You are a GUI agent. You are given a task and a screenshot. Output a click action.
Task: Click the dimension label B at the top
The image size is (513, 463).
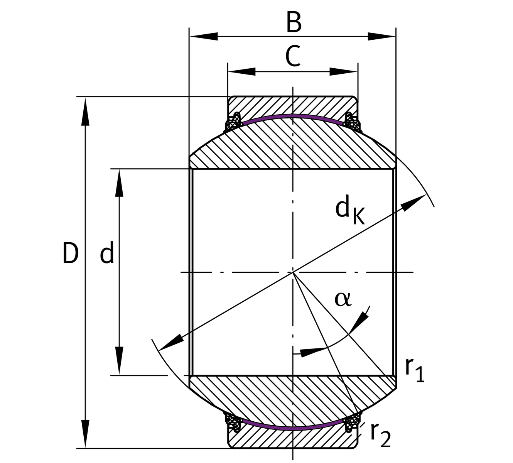(294, 22)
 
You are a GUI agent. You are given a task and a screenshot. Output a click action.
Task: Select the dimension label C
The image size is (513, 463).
(293, 56)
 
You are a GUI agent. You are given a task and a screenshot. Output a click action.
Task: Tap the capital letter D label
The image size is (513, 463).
(70, 253)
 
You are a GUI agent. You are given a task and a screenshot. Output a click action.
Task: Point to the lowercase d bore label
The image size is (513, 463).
(107, 252)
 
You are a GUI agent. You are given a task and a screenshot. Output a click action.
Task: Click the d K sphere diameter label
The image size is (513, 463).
(350, 209)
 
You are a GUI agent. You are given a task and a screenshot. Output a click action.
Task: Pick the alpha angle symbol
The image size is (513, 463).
(343, 299)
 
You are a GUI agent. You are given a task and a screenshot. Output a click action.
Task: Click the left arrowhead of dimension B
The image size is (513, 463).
(204, 37)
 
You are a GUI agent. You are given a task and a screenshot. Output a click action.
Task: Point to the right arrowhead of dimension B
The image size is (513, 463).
(381, 37)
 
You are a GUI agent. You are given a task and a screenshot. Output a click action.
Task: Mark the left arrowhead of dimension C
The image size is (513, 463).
(242, 72)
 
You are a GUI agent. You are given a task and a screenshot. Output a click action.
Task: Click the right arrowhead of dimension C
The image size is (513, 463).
(343, 72)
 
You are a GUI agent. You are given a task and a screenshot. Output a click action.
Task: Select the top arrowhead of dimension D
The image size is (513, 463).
(85, 112)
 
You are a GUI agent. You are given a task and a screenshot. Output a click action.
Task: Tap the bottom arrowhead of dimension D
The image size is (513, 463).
(85, 434)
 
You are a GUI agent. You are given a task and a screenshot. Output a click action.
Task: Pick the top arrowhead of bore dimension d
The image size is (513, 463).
(119, 183)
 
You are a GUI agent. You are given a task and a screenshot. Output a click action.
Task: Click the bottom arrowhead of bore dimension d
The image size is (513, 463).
(119, 360)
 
